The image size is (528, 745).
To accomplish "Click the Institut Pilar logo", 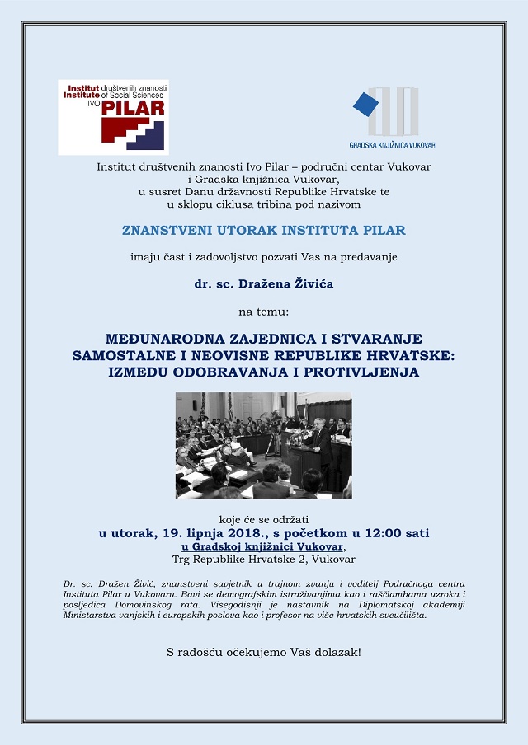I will click(113, 117).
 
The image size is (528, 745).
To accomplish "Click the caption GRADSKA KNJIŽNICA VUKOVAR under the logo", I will click(392, 145).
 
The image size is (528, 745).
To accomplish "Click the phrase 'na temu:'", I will click(263, 312).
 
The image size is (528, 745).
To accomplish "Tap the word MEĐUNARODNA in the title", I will click(165, 340).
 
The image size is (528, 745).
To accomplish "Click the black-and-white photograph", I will click(263, 445).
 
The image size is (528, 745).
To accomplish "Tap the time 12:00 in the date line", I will click(382, 533).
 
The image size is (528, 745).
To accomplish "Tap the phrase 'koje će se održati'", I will click(263, 519).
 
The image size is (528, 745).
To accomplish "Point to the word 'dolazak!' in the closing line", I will click(336, 652).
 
